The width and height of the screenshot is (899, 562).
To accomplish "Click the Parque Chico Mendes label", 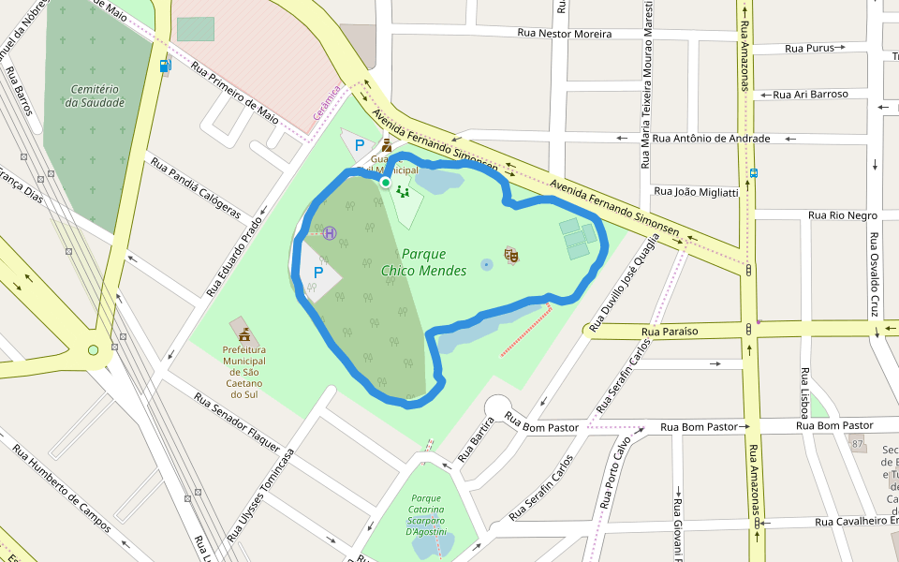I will tap(424, 262).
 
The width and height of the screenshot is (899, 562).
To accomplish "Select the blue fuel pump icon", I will tap(166, 66).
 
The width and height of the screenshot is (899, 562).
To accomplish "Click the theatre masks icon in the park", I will tap(510, 254).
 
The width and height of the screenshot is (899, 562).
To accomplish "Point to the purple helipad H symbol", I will tap(330, 232).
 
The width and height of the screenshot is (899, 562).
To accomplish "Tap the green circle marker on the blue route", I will tap(385, 183).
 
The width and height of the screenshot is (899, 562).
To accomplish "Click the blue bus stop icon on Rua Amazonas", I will tap(753, 173).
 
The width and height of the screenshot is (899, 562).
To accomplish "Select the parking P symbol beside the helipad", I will tap(317, 274).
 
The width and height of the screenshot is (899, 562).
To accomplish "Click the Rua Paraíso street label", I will tap(671, 331).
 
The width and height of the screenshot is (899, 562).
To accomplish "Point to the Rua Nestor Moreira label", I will tap(565, 34).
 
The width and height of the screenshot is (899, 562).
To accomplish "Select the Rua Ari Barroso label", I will tap(810, 95).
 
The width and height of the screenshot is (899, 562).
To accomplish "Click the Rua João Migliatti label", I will tap(695, 192).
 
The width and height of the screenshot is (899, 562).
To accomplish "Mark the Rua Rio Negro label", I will tap(843, 215).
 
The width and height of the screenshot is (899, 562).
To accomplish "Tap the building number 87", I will tap(858, 442).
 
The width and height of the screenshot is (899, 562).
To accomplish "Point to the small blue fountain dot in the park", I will tap(486, 265).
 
